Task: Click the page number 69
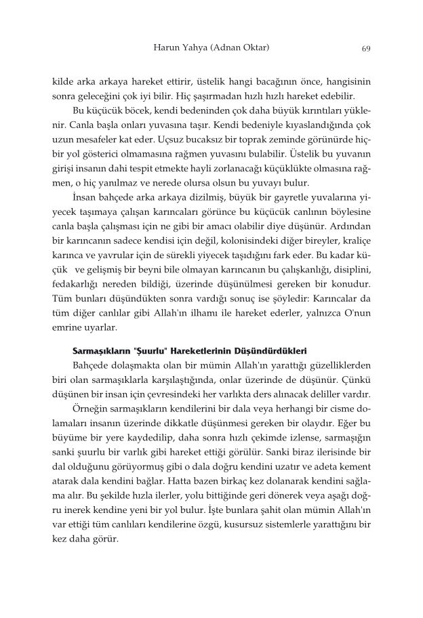365,49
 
